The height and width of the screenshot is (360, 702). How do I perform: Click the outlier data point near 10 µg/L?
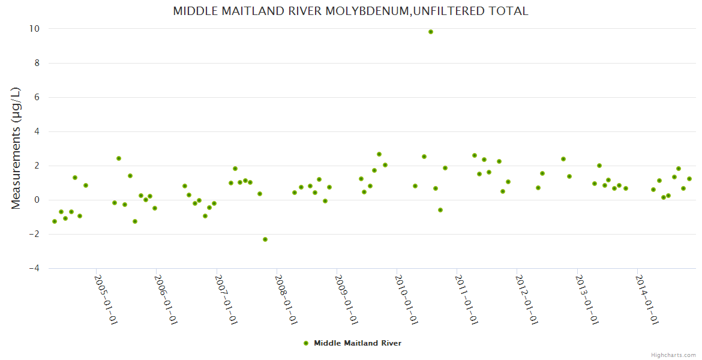[431, 32]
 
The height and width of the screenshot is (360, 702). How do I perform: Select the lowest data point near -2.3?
[265, 239]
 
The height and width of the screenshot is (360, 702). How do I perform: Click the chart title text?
[350, 11]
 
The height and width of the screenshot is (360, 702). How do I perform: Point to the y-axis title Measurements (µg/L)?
[16, 148]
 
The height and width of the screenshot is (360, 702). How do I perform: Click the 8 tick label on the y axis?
[37, 63]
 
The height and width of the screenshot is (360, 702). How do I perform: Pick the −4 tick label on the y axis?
[34, 268]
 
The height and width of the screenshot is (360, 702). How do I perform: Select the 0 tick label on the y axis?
[37, 200]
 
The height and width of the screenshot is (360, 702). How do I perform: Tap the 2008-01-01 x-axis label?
[286, 299]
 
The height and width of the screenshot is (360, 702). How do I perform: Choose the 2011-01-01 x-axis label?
[466, 299]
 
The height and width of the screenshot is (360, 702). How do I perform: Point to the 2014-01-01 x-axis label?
[646, 299]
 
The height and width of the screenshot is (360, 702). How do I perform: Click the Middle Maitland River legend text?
[358, 343]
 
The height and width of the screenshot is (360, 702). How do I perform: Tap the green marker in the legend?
[306, 343]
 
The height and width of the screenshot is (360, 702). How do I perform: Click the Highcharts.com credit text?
[673, 355]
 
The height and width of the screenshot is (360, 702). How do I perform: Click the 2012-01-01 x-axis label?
[526, 299]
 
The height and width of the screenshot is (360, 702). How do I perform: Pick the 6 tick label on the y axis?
[37, 97]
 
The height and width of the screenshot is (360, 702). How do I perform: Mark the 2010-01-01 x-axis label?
[406, 299]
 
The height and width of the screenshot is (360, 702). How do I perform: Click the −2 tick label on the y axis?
[34, 234]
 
